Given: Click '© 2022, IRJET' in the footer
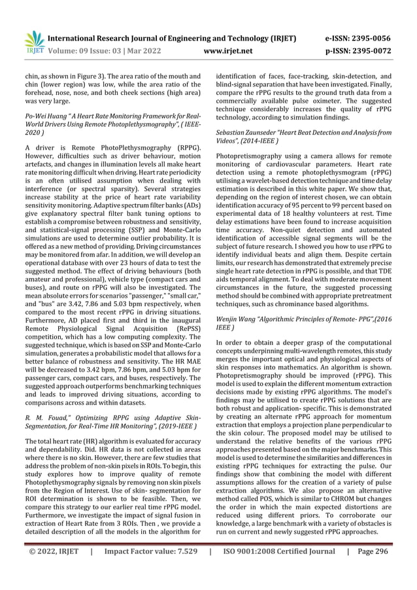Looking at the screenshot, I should point(52,551).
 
